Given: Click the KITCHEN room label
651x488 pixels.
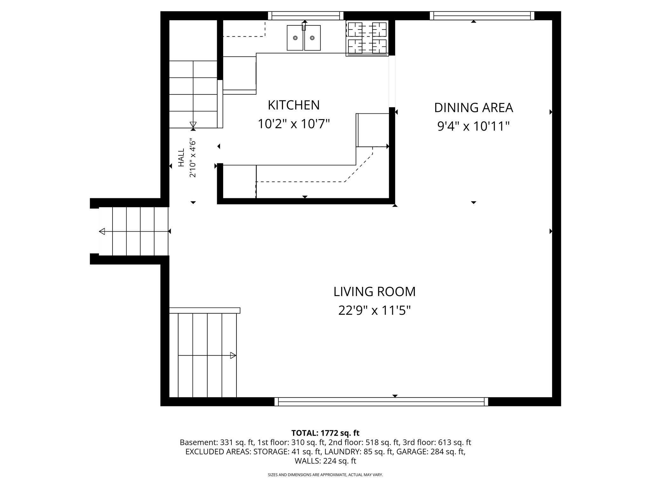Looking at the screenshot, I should (x=293, y=105).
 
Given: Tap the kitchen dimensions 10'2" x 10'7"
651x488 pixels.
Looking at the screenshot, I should (x=293, y=124).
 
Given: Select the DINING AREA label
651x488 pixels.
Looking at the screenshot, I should (x=473, y=108).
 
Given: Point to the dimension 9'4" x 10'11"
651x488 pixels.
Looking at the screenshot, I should (x=473, y=126).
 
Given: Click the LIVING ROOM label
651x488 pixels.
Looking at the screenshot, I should (x=374, y=292).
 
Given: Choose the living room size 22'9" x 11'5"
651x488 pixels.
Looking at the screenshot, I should (x=374, y=310).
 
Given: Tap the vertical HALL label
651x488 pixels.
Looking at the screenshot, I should (x=181, y=158).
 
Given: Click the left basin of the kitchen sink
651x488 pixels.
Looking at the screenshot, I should (x=295, y=38).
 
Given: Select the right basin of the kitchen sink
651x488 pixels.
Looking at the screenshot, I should (x=312, y=38).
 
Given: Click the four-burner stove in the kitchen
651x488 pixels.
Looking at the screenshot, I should (x=367, y=38).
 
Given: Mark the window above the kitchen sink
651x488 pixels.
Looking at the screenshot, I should (x=305, y=16).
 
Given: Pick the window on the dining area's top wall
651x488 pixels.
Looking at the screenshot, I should (x=482, y=16).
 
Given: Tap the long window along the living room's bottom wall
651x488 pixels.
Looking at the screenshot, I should (x=381, y=402).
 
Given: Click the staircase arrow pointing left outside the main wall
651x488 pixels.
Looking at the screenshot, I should (x=102, y=232).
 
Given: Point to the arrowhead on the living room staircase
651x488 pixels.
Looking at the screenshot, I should (x=233, y=356).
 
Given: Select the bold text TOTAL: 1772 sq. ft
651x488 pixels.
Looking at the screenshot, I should (x=325, y=433).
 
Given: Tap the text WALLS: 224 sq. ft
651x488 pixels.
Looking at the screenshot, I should (x=325, y=461).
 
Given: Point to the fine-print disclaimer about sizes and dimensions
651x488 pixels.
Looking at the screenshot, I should (x=325, y=475).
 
